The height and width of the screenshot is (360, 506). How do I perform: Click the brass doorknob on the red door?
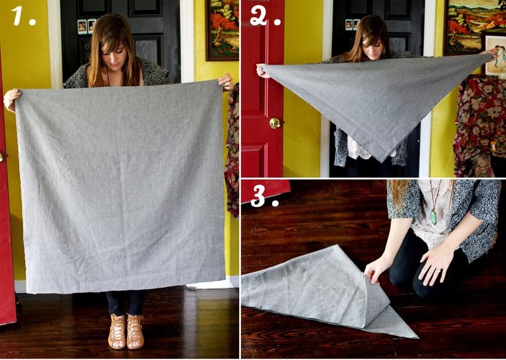point(275,123)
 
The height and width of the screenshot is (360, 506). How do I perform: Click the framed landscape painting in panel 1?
point(221,28)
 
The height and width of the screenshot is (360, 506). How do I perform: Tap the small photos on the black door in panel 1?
point(87,26)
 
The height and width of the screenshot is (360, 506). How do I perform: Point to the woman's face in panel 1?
point(118,52)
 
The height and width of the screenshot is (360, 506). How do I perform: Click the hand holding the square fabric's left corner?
point(11,99)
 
